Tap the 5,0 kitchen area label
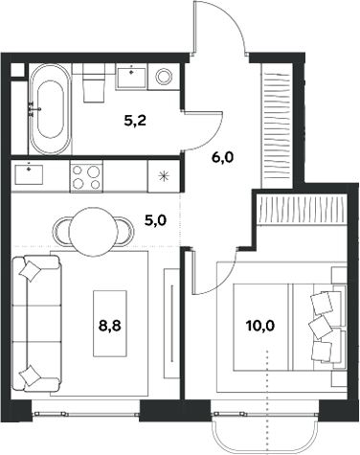click(x=153, y=219)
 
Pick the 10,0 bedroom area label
click(x=259, y=326)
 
